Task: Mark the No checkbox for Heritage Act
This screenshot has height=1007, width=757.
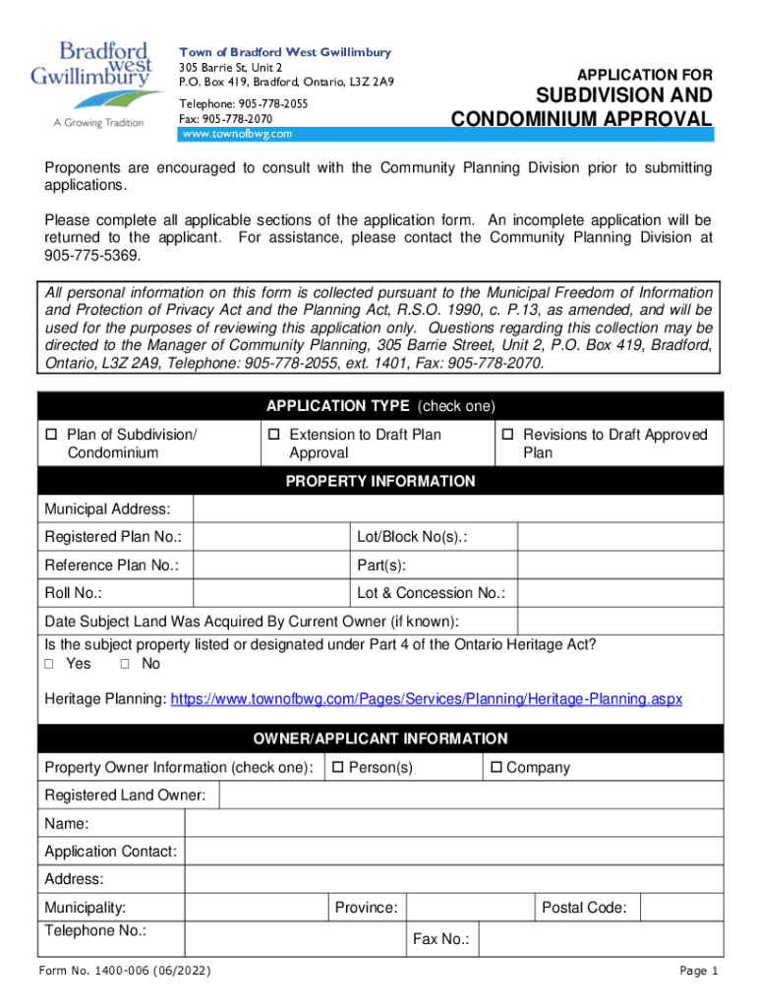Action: (x=126, y=665)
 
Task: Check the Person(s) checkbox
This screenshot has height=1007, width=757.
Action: (x=339, y=767)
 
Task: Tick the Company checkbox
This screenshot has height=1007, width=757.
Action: (x=496, y=767)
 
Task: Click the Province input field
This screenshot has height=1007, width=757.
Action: (x=469, y=907)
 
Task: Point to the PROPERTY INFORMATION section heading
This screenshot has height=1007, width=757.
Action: (x=379, y=481)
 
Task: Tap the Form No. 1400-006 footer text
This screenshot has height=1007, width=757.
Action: (x=124, y=972)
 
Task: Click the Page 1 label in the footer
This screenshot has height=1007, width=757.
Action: (x=699, y=972)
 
